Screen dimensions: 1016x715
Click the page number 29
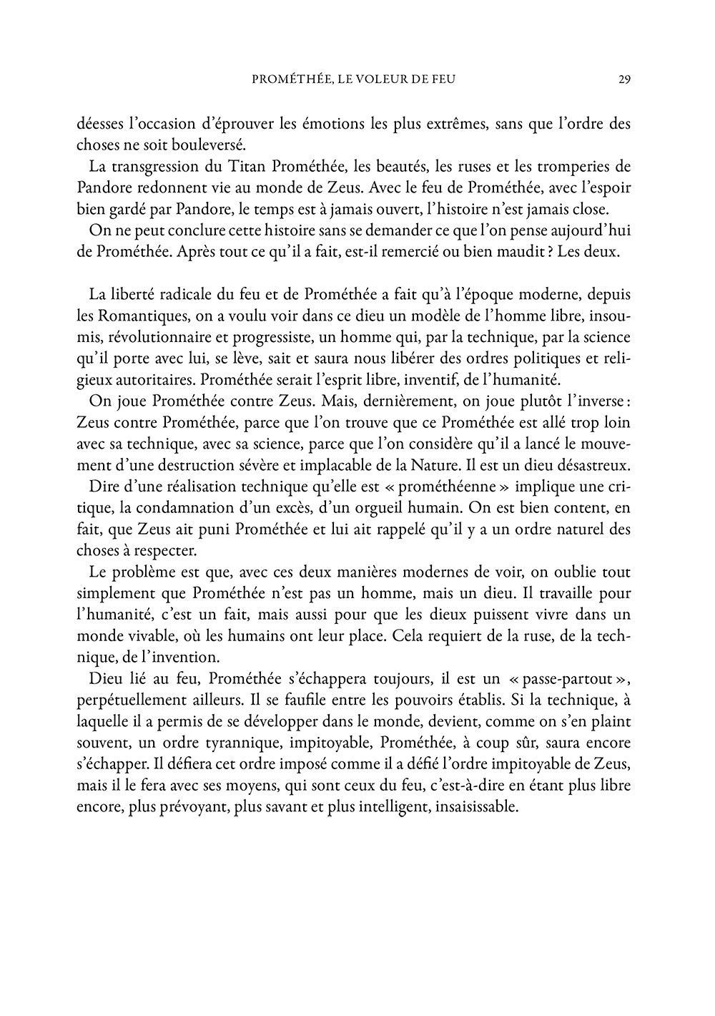coord(623,79)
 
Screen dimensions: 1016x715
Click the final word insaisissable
coord(475,806)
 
